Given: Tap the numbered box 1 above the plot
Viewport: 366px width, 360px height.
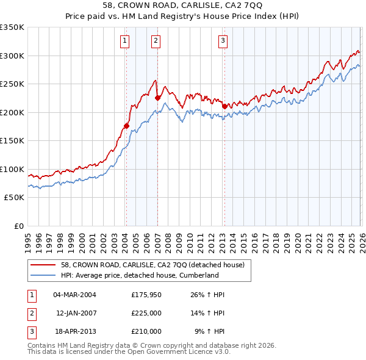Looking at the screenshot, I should (124, 41).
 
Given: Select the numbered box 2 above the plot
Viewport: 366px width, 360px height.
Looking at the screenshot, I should (156, 41).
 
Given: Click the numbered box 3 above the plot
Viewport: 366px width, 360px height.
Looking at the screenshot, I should (223, 41).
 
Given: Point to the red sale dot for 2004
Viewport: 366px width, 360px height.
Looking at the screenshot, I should (127, 126).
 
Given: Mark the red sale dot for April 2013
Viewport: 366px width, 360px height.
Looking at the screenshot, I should (224, 106).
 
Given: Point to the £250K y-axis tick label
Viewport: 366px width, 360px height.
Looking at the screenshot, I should (12, 84).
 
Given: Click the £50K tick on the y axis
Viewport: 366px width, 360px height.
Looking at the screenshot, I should (14, 198).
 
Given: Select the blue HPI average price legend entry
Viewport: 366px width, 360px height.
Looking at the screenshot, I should (139, 275).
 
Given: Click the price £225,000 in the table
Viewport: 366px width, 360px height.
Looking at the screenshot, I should (146, 313).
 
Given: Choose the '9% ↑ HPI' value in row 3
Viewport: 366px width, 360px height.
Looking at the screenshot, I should (210, 331).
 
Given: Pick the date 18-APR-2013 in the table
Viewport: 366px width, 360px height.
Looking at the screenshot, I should (74, 331).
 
